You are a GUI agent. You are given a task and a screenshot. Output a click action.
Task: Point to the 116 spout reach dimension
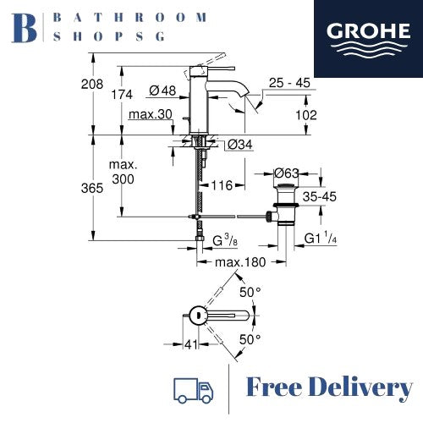pos(223,184)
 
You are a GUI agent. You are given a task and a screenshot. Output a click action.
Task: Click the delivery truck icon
pos(193,390)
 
